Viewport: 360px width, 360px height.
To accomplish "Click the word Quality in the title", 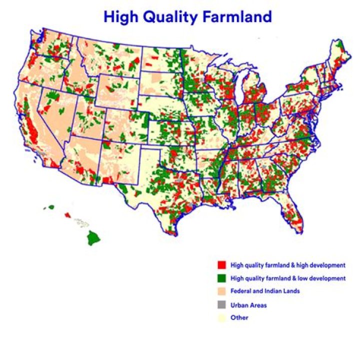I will (167, 17).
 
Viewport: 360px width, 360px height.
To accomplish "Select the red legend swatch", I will (220, 264).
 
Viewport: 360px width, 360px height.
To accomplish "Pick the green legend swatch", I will (220, 277).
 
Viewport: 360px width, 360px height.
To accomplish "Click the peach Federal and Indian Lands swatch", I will (220, 291).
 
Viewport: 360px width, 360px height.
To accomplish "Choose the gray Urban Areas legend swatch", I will (220, 304).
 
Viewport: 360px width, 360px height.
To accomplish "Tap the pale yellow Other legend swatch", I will (220, 318).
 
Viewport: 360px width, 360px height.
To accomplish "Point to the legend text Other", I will (239, 318).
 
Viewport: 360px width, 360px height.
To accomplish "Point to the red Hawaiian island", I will (67, 215).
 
